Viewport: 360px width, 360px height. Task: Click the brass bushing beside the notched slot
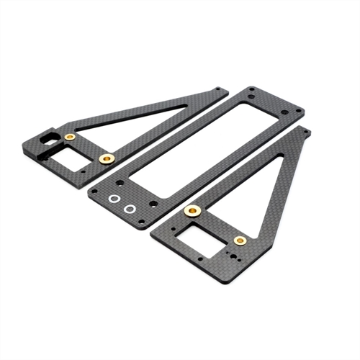click(70, 137)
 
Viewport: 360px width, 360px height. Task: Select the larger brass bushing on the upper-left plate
click(107, 158)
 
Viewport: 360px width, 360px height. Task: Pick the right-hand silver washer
click(130, 209)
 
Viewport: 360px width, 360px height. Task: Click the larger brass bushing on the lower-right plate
click(192, 210)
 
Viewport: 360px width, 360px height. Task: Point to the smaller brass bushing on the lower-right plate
click(240, 240)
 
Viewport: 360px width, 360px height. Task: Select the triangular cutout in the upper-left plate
click(144, 119)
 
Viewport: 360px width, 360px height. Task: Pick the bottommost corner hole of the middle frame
click(142, 222)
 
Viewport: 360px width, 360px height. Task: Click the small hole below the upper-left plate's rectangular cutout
click(84, 171)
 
